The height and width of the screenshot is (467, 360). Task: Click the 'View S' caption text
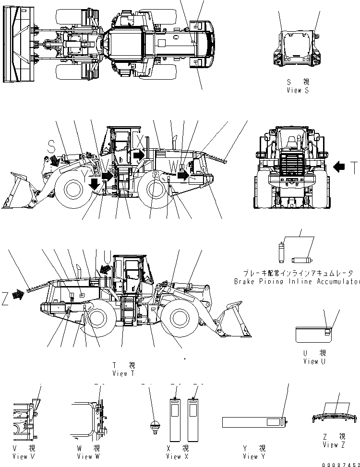coord(297,90)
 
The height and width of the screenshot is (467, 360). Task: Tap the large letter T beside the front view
coord(353,168)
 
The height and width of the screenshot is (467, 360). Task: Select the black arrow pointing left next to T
coord(339,167)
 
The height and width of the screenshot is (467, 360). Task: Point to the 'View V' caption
coord(24,456)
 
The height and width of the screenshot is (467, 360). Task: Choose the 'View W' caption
coord(88,456)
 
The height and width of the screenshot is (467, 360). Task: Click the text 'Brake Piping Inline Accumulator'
coord(297,281)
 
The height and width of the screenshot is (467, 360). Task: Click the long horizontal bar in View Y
coord(253,422)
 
